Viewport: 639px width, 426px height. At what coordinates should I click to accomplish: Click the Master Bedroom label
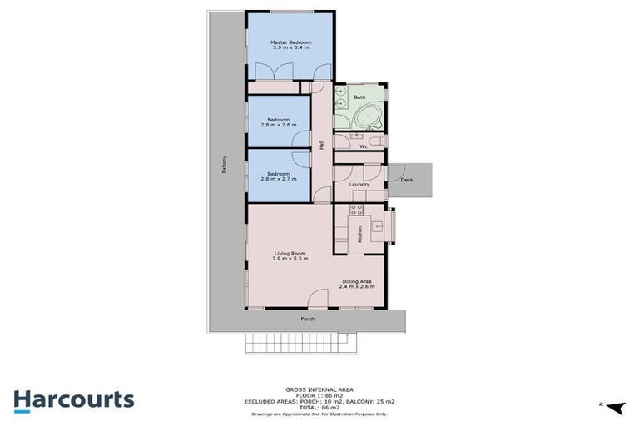[290, 42]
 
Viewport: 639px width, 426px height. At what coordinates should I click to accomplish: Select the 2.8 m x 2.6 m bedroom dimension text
[279, 125]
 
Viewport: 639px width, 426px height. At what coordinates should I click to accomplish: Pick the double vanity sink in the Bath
[341, 98]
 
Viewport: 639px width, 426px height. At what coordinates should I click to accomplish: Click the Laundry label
[359, 185]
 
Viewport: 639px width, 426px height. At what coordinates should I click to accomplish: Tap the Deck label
[406, 179]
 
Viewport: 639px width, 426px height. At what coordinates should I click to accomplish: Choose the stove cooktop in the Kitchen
[354, 210]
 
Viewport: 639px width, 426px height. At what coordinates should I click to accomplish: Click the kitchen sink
[379, 225]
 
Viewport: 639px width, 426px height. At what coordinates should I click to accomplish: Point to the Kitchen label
[359, 234]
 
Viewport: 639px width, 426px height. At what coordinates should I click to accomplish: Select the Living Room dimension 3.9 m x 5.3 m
[290, 259]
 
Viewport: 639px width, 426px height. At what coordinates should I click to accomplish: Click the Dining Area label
[358, 281]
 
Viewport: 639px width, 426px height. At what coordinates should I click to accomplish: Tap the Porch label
[308, 319]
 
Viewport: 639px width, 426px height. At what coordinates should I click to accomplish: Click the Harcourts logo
[73, 399]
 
